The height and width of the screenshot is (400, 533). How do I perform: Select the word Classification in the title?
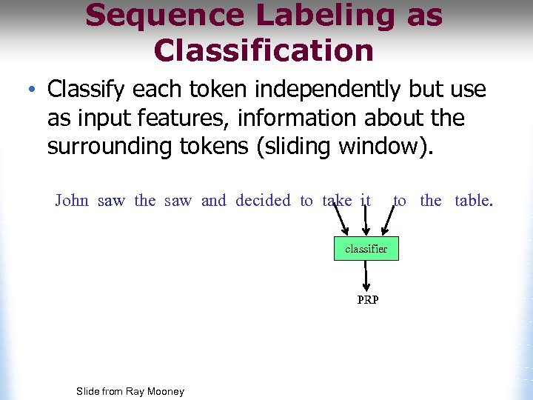[x=264, y=50]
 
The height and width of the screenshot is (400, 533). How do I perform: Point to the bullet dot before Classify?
[x=31, y=90]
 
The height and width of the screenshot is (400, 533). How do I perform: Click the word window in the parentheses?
[x=382, y=146]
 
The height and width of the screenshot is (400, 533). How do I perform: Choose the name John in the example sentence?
[x=72, y=201]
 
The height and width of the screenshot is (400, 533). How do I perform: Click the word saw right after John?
[x=111, y=201]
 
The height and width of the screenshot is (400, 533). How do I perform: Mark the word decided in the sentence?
[x=263, y=201]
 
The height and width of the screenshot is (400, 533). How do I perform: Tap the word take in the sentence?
[x=337, y=201]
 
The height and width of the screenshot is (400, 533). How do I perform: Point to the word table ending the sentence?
[x=473, y=201]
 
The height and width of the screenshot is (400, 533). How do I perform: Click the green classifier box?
[x=366, y=249]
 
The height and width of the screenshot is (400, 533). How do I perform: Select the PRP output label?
[x=367, y=300]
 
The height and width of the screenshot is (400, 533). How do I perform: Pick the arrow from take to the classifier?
[x=341, y=221]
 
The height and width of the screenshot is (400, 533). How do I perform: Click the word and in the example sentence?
[x=213, y=201]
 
